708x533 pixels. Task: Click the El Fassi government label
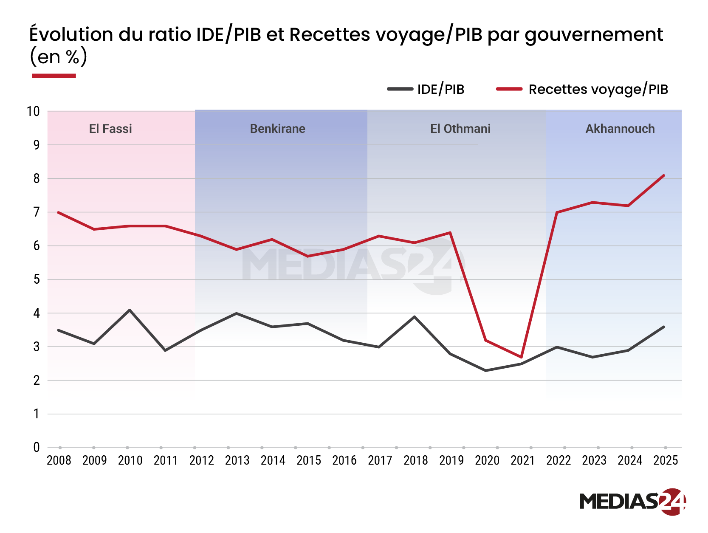[x=110, y=129]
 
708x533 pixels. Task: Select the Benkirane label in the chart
[x=277, y=129]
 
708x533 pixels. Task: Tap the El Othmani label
[x=460, y=129]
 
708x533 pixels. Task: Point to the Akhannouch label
[x=620, y=129]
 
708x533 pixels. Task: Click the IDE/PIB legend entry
[x=426, y=89]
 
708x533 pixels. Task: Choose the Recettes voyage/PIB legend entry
[x=582, y=89]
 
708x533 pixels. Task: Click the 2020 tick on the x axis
[x=487, y=460]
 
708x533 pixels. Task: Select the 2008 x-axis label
[x=59, y=460]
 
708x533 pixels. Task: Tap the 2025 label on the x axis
[x=665, y=460]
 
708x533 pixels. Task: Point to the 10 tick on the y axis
[x=33, y=112]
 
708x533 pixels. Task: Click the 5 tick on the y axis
[x=37, y=279]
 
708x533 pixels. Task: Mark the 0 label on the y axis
[x=37, y=447]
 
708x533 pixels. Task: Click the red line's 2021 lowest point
[x=521, y=357]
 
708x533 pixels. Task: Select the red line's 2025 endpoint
[x=664, y=175]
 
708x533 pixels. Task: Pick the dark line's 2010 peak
[x=130, y=310]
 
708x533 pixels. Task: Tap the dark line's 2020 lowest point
[x=486, y=371]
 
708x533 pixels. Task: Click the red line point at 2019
[x=450, y=232]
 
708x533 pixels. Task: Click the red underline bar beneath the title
[x=54, y=76]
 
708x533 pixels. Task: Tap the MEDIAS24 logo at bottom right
[x=632, y=502]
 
